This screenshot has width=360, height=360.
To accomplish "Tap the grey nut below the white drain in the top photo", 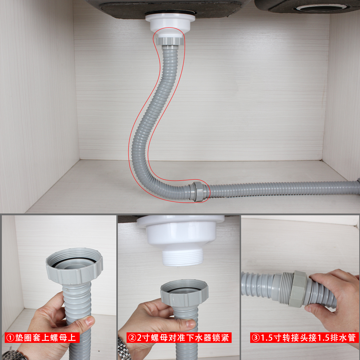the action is click(x=170, y=41).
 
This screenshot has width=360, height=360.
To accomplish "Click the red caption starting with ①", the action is click(x=42, y=337).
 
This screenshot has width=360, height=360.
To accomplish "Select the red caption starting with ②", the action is click(x=179, y=337).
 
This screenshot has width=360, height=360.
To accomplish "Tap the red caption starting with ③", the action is click(x=304, y=337).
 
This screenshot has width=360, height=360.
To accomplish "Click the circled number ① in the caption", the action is click(x=10, y=338).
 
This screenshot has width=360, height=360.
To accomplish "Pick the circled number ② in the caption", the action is click(x=132, y=338).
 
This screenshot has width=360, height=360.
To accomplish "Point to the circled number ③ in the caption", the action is click(x=256, y=338).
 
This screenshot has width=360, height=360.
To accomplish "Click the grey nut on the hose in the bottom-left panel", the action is click(x=75, y=266).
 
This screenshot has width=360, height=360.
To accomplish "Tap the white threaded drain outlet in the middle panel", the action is click(x=183, y=257).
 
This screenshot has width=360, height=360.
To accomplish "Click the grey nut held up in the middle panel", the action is click(x=185, y=292).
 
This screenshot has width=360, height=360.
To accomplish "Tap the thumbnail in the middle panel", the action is click(x=190, y=323).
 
